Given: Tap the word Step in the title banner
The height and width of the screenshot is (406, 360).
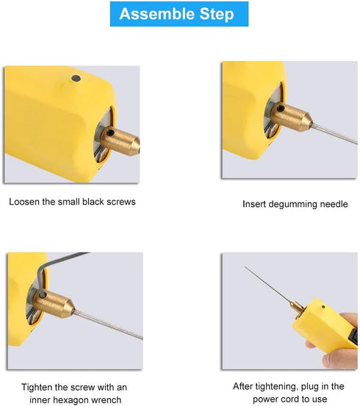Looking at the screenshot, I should point(216,14).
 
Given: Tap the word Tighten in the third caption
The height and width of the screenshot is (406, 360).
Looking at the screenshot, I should point(37,386).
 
